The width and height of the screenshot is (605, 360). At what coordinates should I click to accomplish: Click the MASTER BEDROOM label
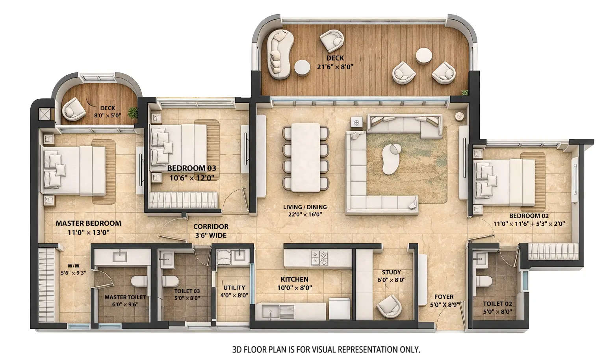coord(88,223)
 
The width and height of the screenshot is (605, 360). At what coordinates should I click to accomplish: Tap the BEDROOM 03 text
coord(191,169)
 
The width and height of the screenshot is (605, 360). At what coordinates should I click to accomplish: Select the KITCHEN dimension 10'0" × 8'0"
coord(294,288)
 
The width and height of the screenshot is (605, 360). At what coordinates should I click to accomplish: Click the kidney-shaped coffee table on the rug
coord(391,159)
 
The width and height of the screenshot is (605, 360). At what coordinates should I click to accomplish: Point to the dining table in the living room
coord(305,158)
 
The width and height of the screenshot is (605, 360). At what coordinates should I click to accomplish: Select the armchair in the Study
coord(388,306)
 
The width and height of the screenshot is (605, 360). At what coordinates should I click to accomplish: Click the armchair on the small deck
coord(74,109)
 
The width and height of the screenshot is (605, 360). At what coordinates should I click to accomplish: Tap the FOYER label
coord(444,297)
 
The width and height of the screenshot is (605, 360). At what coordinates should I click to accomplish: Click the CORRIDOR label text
coord(211,226)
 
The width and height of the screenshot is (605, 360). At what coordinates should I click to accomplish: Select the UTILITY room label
coord(234,288)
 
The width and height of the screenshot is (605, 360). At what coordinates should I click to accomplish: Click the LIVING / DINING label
coord(305,207)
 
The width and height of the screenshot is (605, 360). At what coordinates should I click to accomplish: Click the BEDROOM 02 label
coord(529,216)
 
